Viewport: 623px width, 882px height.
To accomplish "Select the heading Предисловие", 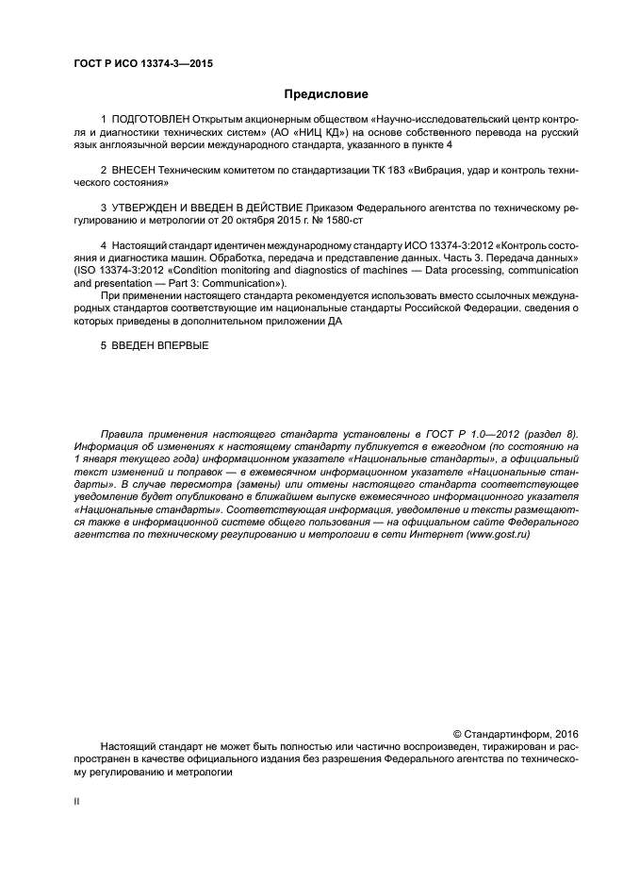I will [x=326, y=94].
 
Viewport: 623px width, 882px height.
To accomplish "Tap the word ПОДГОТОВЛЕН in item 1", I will [x=150, y=121].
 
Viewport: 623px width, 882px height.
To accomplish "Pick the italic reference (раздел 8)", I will [x=546, y=435].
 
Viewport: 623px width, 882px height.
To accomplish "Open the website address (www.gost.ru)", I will [x=497, y=535].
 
